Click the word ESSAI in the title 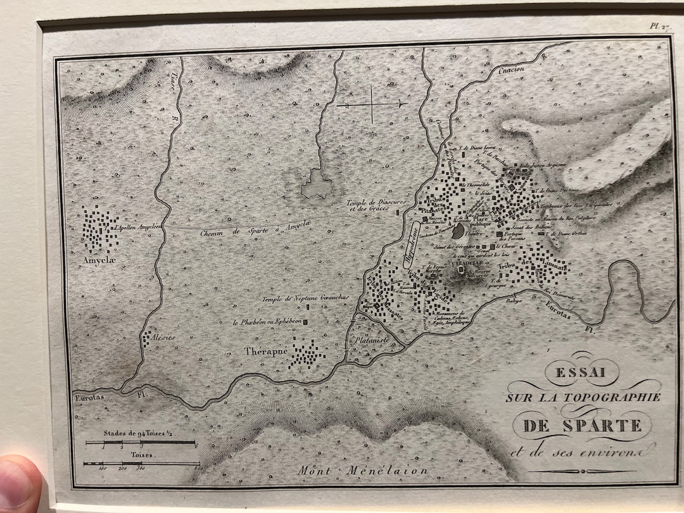[578, 374]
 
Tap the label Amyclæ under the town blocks [92, 260]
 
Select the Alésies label [163, 338]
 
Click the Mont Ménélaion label [363, 471]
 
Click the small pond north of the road [317, 186]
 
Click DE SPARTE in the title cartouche [582, 425]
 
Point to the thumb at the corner [19, 484]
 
